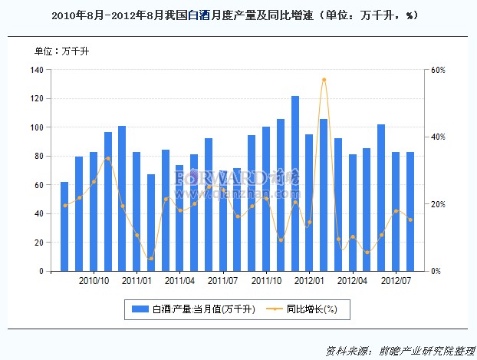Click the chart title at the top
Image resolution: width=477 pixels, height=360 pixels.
tap(238, 15)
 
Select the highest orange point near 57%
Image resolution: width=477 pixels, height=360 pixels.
tap(324, 79)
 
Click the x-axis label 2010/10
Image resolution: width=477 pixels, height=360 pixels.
tap(94, 282)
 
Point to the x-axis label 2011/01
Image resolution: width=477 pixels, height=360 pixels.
tap(137, 282)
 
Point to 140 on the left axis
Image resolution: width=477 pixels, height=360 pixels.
tap(37, 70)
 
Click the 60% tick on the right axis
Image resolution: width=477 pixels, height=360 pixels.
tap(438, 70)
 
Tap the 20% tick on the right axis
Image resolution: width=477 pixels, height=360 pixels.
tap(438, 204)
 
